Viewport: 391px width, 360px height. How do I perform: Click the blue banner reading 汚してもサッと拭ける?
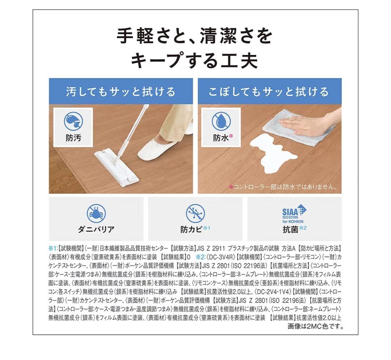[x=121, y=91]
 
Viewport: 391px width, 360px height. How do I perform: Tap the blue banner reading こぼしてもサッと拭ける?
[x=269, y=91]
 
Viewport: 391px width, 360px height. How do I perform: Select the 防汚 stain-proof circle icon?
[x=73, y=121]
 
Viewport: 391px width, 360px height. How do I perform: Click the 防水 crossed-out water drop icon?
[x=221, y=121]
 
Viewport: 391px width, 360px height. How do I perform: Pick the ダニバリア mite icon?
[x=96, y=213]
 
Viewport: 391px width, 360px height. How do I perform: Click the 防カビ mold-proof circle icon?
[x=195, y=213]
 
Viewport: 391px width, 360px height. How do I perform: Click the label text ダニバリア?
[x=96, y=229]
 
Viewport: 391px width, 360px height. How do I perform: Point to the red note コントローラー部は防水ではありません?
[x=283, y=187]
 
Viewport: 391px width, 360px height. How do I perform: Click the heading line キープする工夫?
[x=194, y=60]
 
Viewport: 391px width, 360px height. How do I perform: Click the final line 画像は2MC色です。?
[x=315, y=327]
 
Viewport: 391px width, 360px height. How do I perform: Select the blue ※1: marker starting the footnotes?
[x=53, y=249]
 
